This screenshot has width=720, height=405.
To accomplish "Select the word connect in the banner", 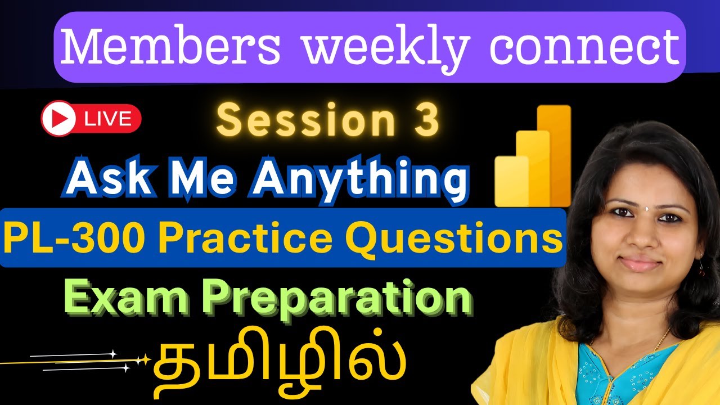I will tap(585, 48).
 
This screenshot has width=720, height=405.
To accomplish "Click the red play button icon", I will tap(58, 118).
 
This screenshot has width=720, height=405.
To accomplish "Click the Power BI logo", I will tap(533, 156).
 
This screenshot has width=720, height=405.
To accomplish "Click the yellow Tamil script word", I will tap(279, 361).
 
